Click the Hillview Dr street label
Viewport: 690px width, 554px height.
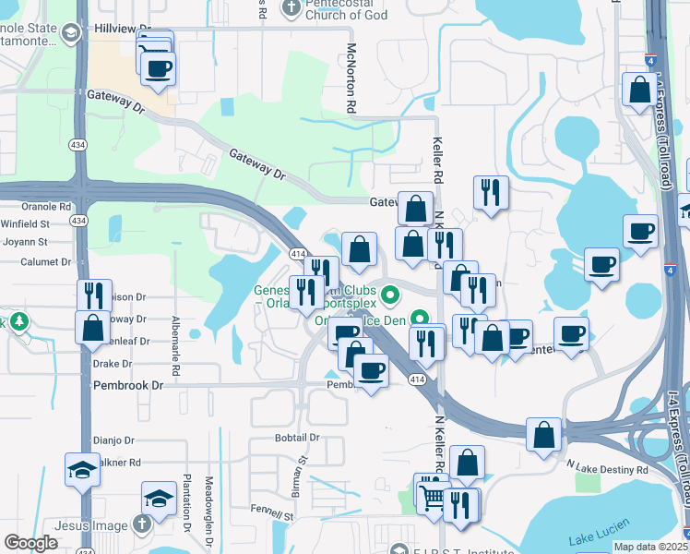pos(122,30)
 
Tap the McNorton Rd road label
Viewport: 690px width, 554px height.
pos(351,78)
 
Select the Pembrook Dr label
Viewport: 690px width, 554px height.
pos(127,385)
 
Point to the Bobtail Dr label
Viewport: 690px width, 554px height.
pos(296,438)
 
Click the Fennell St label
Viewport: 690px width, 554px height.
pos(272,513)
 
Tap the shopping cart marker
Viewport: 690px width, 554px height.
pos(430,499)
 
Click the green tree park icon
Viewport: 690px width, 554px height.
pos(17,323)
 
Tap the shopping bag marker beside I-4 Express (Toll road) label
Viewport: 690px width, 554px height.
pos(639,90)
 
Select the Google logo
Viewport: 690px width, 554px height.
pos(30,543)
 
